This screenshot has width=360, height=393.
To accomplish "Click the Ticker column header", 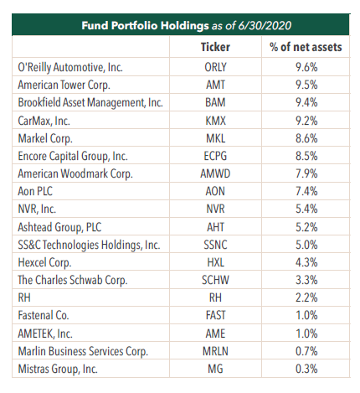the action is (215, 47).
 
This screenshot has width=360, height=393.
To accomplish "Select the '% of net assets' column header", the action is (306, 47).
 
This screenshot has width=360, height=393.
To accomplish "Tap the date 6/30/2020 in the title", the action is (265, 26).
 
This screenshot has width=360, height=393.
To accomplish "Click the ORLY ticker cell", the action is (215, 67).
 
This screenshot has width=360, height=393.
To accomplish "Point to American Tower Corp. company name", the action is (64, 85).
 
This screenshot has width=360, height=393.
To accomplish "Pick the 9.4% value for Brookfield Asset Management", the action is (306, 102).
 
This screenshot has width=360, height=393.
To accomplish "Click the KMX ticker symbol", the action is (215, 121).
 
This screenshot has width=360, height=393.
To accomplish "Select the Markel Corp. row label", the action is (45, 138).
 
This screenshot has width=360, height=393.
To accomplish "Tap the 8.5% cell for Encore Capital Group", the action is (306, 156).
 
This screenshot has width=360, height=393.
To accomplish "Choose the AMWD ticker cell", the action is (215, 173).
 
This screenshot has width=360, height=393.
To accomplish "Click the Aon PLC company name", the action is (35, 191).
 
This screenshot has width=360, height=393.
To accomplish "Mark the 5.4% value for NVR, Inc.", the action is (306, 209).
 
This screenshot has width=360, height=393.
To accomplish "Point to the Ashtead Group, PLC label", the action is (59, 227).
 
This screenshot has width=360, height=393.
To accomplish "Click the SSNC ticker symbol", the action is (215, 245).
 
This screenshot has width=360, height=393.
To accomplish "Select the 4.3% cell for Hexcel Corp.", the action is (306, 262).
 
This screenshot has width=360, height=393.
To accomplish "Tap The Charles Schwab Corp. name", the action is (73, 280).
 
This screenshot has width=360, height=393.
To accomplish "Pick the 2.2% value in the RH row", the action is (306, 297).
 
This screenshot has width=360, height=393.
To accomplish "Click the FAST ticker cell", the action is (215, 315).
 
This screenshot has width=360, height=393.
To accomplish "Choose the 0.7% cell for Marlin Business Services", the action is (306, 351).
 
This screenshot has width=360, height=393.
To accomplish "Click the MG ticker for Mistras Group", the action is (215, 369).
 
